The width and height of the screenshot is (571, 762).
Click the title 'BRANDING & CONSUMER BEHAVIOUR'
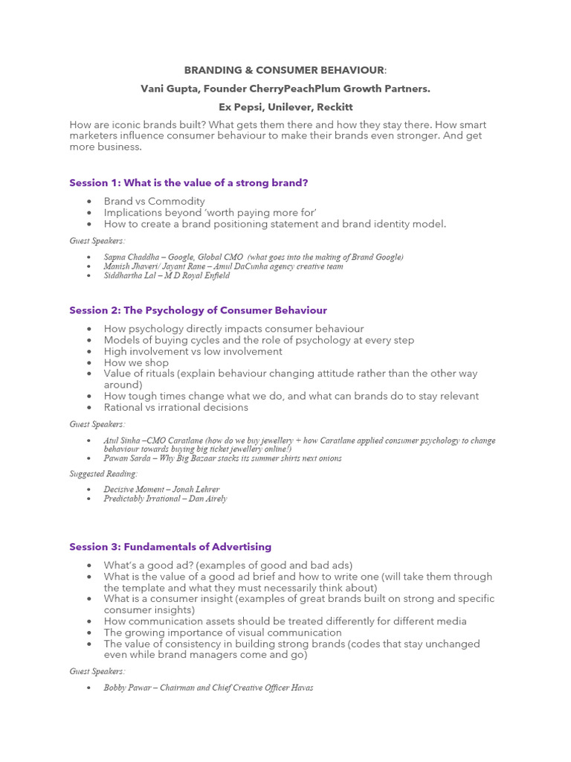pos(284,70)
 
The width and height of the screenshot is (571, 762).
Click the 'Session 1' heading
pos(188,182)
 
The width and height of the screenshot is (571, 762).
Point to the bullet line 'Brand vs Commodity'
pos(154,202)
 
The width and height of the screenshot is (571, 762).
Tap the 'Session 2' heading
pos(198,310)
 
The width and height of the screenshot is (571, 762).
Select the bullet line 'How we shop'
pos(136,362)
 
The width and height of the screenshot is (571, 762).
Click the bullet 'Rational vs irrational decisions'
pos(175,407)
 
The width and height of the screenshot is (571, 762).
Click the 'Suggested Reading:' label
pos(103,474)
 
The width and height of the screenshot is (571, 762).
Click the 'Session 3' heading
pos(170,547)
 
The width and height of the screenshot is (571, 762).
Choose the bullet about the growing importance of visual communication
pos(222,633)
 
